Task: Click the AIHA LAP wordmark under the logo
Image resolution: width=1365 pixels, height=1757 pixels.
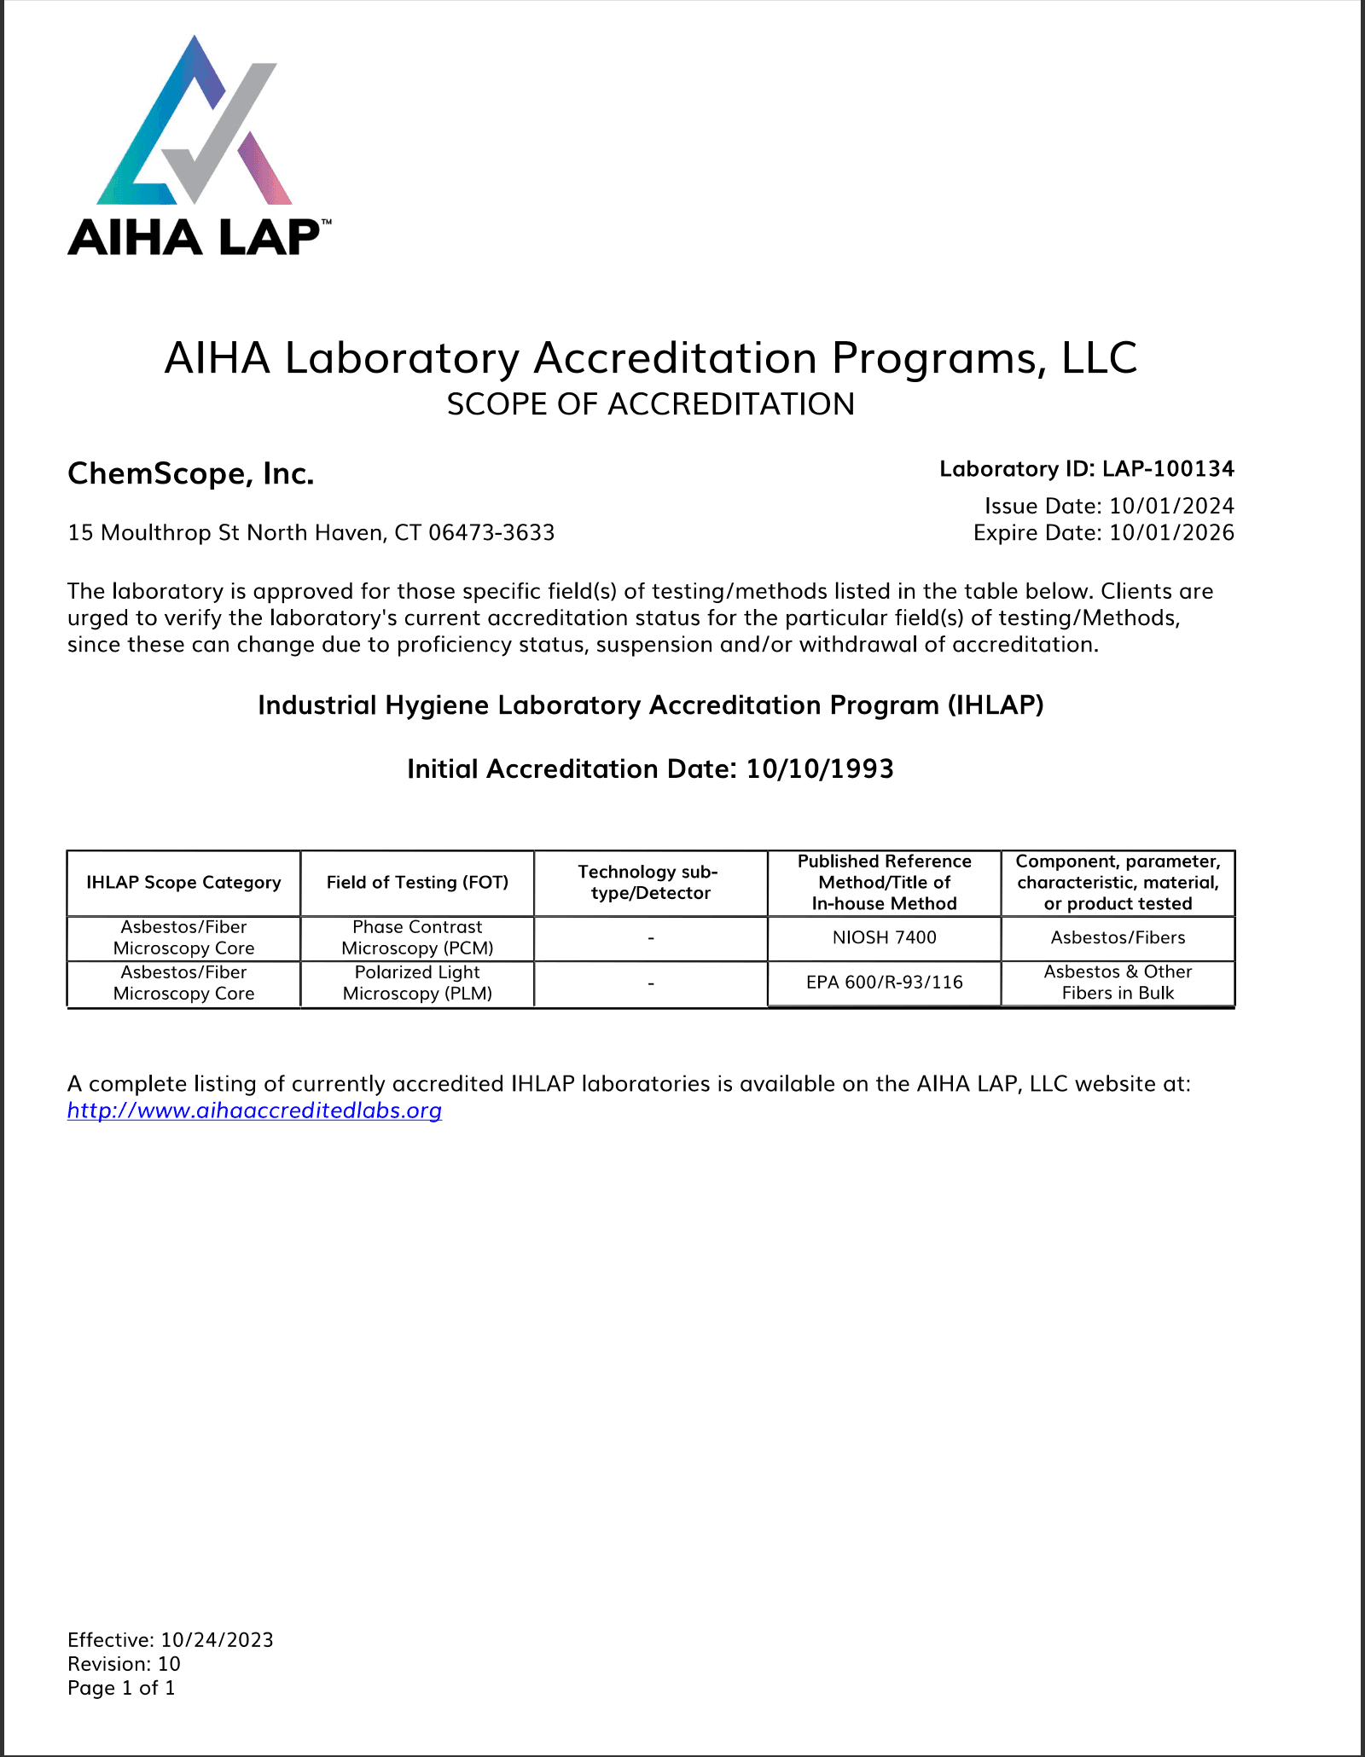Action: pos(195,238)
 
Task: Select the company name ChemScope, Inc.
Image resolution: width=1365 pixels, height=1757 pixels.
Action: pos(191,473)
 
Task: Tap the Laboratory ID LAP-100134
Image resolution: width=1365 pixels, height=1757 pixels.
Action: pos(1168,469)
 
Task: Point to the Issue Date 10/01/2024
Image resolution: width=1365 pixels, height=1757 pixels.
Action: pos(1171,506)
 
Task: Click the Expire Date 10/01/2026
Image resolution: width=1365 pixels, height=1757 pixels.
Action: pos(1171,533)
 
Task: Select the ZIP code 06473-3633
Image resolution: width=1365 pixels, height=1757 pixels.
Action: pos(491,533)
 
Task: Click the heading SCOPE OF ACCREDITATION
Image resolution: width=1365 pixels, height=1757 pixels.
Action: pos(650,404)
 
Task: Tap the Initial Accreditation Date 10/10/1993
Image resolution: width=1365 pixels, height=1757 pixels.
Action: pos(820,769)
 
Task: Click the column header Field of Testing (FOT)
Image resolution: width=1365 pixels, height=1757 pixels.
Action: pos(417,883)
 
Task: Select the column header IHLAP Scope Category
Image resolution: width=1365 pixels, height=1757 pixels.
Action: pos(183,883)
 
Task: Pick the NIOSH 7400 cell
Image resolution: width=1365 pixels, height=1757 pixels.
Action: pos(884,937)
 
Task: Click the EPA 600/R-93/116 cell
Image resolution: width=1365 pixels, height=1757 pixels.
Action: pos(884,983)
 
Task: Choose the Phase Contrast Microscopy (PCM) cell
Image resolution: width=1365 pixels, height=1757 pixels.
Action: pos(417,937)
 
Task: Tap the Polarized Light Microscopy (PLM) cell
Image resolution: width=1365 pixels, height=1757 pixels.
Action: pos(417,983)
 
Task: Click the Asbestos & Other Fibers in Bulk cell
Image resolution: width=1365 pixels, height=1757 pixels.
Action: pos(1118,983)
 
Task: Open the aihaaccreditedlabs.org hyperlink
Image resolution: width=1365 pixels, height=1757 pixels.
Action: pos(254,1110)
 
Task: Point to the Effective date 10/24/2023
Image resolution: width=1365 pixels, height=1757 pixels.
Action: pos(217,1640)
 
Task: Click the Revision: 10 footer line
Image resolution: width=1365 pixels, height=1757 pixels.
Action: pos(124,1664)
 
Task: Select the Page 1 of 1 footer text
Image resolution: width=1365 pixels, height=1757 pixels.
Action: pos(121,1688)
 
